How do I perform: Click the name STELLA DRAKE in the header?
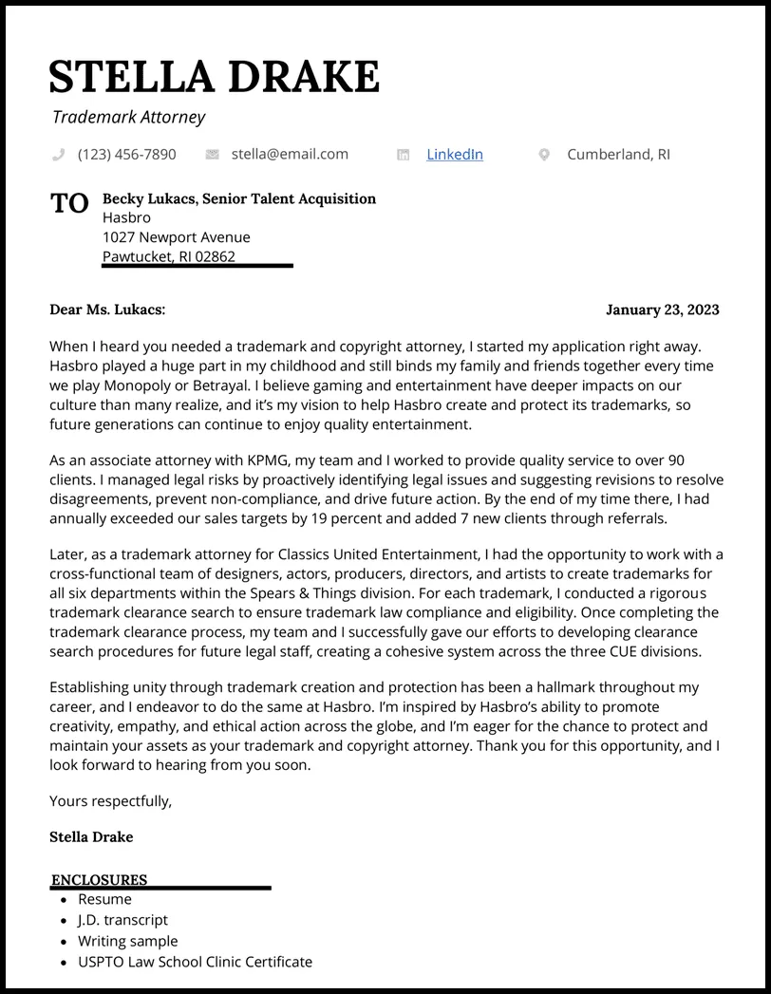point(215,76)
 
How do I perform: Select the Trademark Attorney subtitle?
point(128,118)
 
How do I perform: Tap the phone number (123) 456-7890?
point(126,154)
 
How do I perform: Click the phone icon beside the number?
point(58,154)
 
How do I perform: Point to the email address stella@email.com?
point(290,154)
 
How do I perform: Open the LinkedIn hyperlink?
point(454,154)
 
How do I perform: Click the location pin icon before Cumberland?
point(544,155)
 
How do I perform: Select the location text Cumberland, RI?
point(618,154)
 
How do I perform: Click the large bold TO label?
point(69,203)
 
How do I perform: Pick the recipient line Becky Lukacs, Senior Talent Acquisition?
point(239,198)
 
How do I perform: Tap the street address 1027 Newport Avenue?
point(177,237)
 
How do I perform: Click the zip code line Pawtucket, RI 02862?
point(169,256)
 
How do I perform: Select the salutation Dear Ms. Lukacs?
point(107,309)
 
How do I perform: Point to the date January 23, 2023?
point(662,309)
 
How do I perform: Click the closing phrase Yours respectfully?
point(111,800)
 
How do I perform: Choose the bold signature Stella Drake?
point(91,836)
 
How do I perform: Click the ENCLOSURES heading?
point(99,880)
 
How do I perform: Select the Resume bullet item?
point(104,899)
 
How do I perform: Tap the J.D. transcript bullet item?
point(122,920)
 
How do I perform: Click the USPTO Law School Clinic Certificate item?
point(195,962)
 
